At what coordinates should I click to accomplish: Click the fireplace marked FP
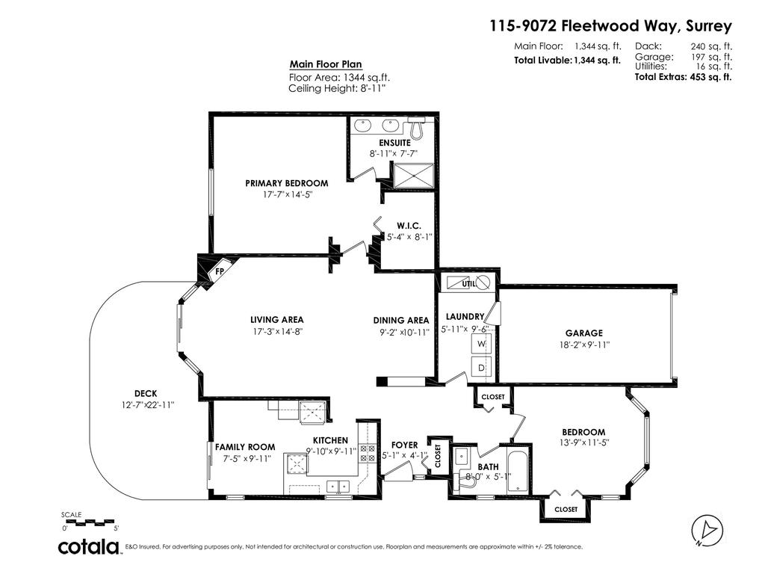tap(217, 271)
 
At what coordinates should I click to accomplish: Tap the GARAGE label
tap(584, 333)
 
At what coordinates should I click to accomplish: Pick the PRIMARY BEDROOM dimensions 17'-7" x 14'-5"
tap(286, 194)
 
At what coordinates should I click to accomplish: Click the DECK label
tap(146, 393)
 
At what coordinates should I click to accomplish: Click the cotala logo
tap(90, 546)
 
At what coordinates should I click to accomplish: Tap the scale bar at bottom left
tap(90, 519)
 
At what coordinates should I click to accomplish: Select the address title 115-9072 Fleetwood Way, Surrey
tap(610, 26)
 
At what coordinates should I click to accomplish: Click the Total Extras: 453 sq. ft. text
tap(683, 76)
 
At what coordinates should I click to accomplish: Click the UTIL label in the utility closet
tap(468, 284)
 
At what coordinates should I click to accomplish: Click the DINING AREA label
tap(401, 321)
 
